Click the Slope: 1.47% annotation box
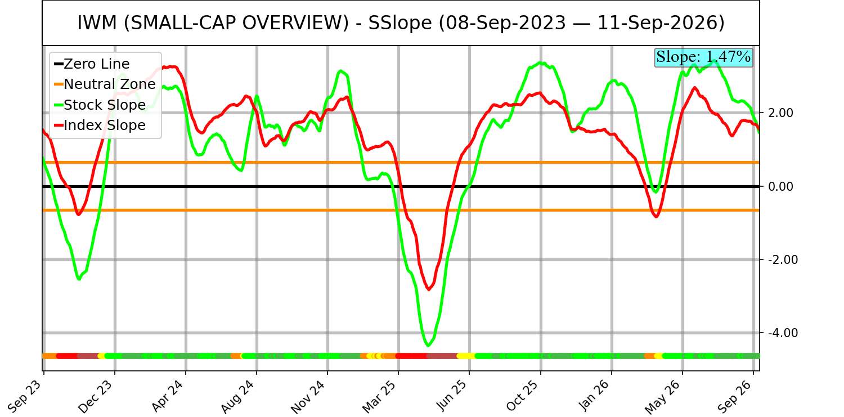(x=703, y=57)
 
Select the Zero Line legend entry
(x=92, y=64)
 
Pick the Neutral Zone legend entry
(x=105, y=84)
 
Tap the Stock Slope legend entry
(x=100, y=105)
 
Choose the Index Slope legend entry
(x=100, y=125)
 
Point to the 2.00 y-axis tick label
(x=780, y=113)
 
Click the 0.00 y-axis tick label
(x=780, y=186)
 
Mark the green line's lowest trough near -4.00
(x=428, y=345)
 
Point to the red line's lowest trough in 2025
(x=429, y=289)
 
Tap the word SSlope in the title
(x=399, y=23)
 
